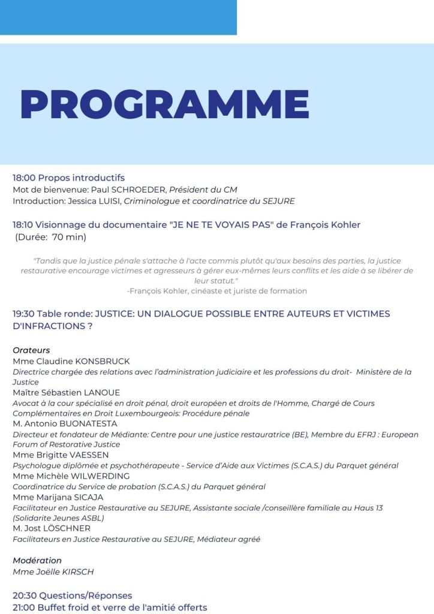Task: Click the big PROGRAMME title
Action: coord(165,104)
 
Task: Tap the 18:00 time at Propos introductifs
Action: coord(24,177)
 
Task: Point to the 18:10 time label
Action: coord(23,225)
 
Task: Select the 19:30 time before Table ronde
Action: coord(24,314)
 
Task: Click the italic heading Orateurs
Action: coord(31,350)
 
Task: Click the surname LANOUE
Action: coord(101,392)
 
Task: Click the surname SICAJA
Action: coord(87,497)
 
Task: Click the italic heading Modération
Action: coord(37,560)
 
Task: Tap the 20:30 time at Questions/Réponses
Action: coord(25,595)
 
